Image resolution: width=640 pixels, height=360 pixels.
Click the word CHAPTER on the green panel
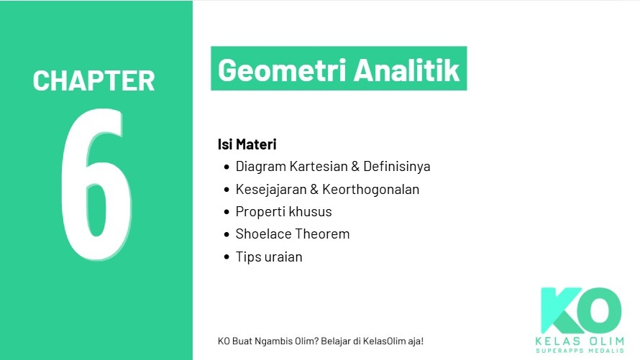click(x=93, y=80)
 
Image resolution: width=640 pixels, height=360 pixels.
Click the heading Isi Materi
click(x=247, y=144)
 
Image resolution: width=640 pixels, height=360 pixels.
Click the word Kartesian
click(x=318, y=167)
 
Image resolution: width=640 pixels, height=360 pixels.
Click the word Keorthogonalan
click(x=371, y=190)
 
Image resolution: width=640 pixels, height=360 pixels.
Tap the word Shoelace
click(x=262, y=234)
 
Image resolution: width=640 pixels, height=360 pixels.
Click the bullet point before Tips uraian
click(x=227, y=257)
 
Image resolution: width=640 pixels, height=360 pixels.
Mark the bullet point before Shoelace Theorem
click(x=227, y=234)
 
